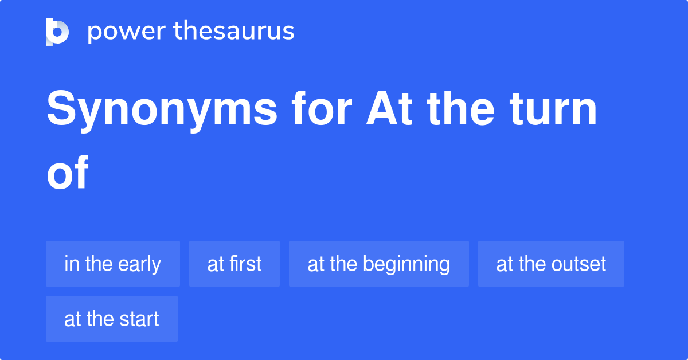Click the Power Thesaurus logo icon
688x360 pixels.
tap(57, 32)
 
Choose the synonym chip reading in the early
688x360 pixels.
tap(113, 264)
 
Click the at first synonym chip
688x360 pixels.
tap(234, 264)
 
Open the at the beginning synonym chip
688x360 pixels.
tap(379, 264)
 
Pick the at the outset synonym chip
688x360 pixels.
tap(551, 264)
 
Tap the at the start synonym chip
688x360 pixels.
tap(112, 319)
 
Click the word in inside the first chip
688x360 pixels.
tap(71, 264)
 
